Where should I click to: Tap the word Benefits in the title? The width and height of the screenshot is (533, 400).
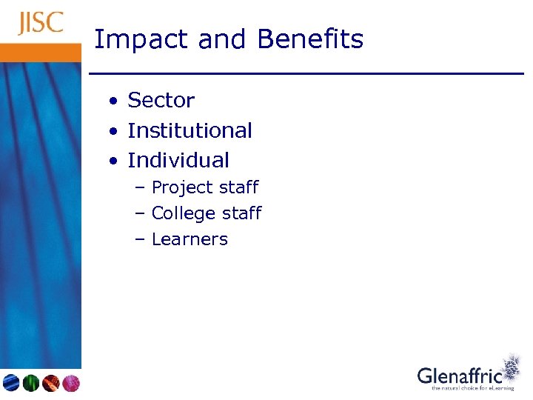pyautogui.click(x=311, y=39)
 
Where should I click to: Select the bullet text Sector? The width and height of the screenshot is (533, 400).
pyautogui.click(x=161, y=100)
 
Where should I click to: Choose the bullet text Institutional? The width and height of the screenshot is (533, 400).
pyautogui.click(x=190, y=130)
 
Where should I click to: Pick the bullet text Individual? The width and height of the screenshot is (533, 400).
pyautogui.click(x=178, y=160)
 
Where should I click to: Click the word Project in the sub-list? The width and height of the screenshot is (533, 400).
pyautogui.click(x=179, y=188)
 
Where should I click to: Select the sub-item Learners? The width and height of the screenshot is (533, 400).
pyautogui.click(x=190, y=239)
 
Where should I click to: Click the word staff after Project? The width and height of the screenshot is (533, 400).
pyautogui.click(x=235, y=187)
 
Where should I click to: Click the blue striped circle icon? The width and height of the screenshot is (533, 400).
pyautogui.click(x=11, y=383)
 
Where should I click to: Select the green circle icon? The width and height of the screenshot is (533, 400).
pyautogui.click(x=30, y=383)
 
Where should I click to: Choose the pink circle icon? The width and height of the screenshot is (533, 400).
pyautogui.click(x=70, y=383)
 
